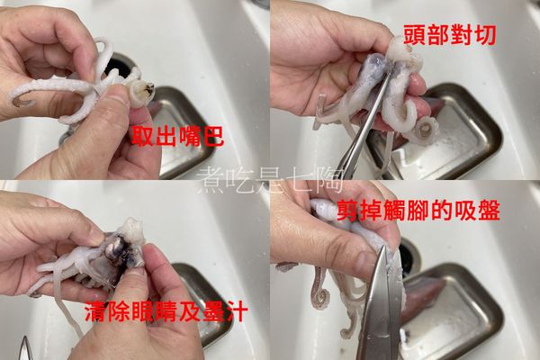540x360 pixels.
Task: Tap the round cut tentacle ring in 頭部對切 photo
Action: click(422, 129)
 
